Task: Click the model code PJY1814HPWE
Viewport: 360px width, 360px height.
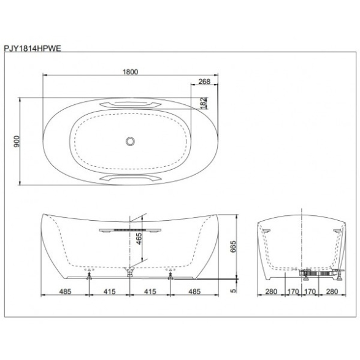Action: point(33,48)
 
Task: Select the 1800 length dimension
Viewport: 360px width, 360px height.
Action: point(130,72)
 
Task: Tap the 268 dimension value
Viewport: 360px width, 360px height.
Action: point(204,82)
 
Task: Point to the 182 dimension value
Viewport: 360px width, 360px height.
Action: point(204,103)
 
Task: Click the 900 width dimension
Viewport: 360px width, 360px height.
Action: point(17,142)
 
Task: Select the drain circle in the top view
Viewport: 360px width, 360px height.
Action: point(130,142)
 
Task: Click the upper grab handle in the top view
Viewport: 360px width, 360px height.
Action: point(130,104)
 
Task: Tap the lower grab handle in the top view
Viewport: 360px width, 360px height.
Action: point(130,178)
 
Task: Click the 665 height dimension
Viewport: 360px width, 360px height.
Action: point(233,247)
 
